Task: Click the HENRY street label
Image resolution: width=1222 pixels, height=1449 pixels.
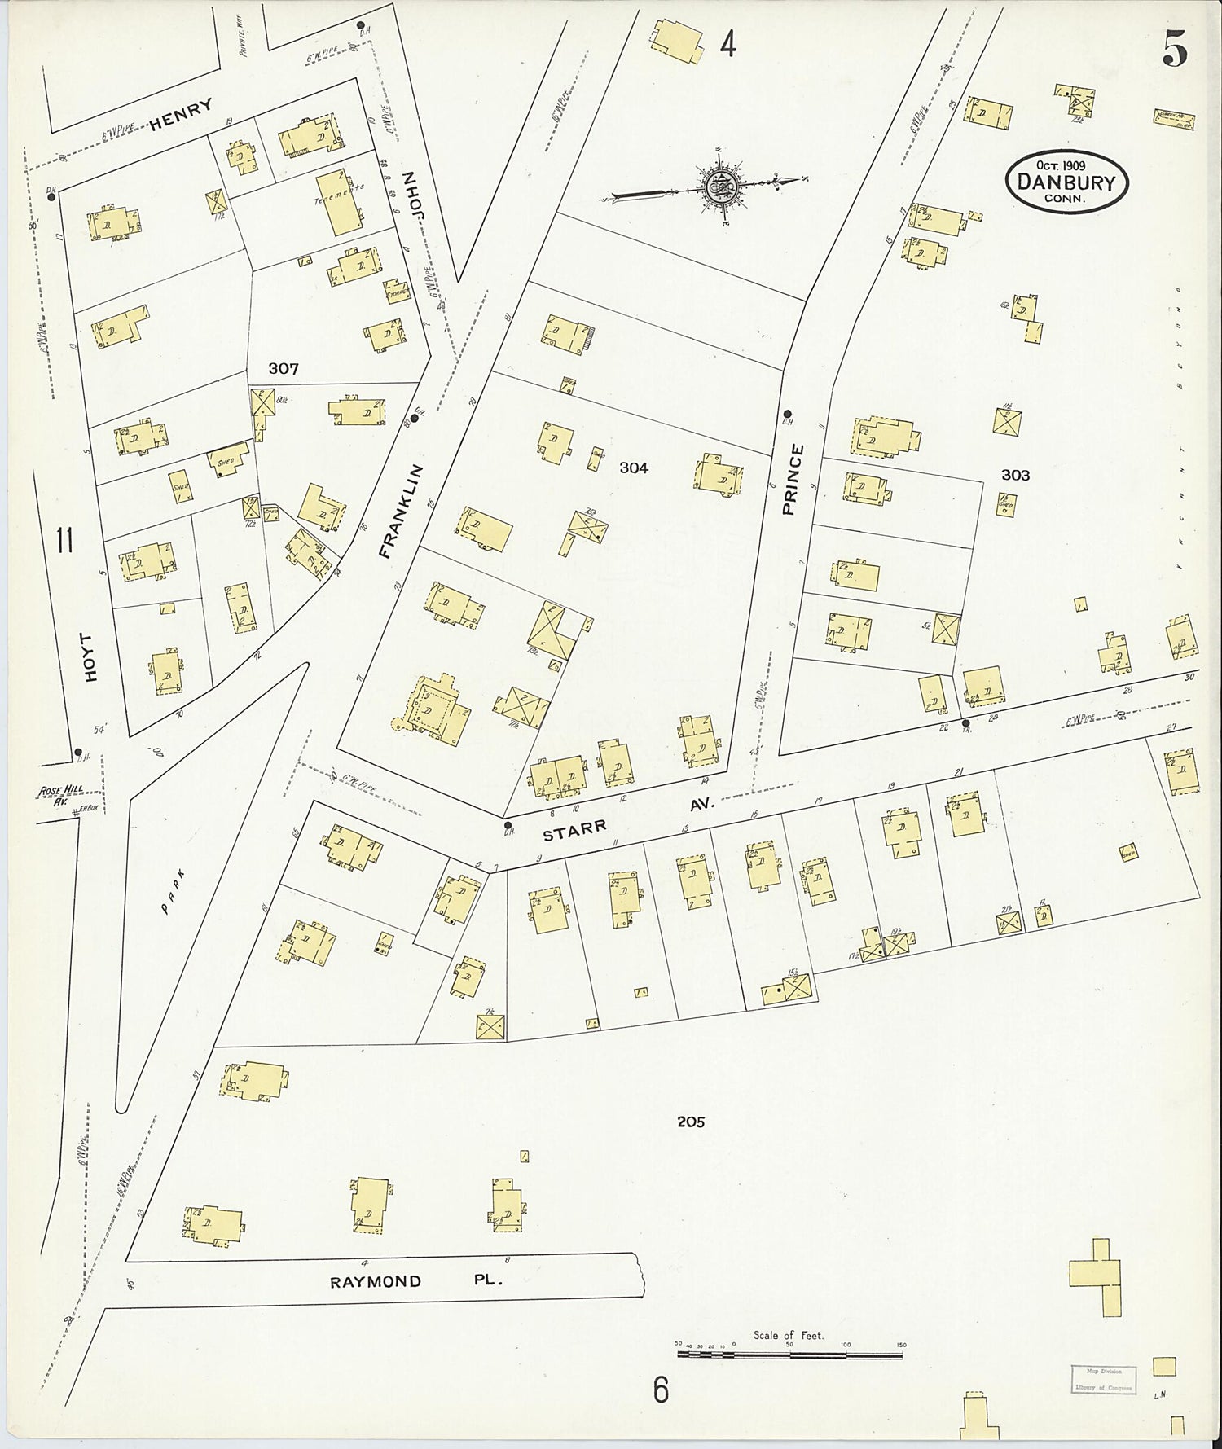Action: tap(181, 115)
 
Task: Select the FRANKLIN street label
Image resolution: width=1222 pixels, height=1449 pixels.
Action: tap(402, 511)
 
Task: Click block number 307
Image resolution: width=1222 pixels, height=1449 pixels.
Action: tap(284, 369)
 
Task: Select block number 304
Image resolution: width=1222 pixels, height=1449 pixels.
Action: tap(633, 468)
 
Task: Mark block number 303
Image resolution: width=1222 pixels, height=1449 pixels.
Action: tap(1015, 475)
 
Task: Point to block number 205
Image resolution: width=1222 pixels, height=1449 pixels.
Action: tap(690, 1122)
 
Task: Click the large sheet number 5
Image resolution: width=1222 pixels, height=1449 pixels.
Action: tap(1174, 50)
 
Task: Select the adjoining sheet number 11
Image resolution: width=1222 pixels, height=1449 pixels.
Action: tap(64, 540)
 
